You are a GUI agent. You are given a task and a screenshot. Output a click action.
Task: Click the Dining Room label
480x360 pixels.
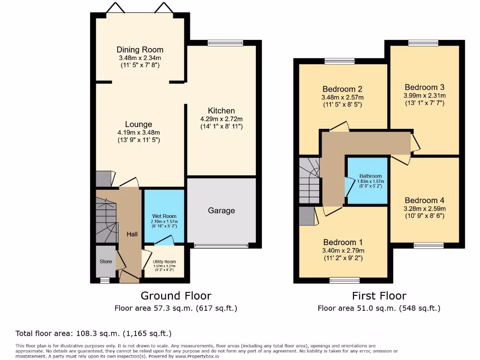tap(140, 50)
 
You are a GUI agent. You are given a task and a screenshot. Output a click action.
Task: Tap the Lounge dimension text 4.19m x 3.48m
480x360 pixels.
tap(139, 133)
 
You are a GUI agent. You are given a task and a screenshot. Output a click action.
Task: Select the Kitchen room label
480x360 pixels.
tap(221, 111)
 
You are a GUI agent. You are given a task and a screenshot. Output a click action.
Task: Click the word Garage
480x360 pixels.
tap(221, 210)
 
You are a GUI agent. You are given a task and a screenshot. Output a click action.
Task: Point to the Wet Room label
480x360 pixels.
tap(164, 216)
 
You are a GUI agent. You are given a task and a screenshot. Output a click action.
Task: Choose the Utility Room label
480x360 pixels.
tap(165, 262)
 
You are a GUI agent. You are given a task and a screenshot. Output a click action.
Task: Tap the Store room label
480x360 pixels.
tap(106, 262)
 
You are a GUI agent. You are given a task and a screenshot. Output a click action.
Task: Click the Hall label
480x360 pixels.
tap(132, 234)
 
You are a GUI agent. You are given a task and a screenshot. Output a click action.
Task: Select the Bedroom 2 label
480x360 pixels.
tap(342, 89)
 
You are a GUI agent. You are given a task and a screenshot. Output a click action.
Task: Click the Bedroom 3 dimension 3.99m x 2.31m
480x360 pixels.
tap(425, 96)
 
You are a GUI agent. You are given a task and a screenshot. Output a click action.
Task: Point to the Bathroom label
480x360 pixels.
tap(370, 176)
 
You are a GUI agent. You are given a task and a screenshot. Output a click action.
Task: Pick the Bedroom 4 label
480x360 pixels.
tap(425, 201)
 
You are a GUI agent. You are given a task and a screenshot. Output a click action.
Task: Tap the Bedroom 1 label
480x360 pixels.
tap(343, 242)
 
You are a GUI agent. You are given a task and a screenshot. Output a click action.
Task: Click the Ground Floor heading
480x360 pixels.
tap(176, 296)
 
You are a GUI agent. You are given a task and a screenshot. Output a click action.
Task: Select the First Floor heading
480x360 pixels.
tap(379, 296)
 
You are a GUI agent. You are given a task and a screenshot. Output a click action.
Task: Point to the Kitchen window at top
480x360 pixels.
tap(225, 43)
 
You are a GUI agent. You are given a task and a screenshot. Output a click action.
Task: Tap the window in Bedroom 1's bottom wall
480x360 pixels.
tap(345, 280)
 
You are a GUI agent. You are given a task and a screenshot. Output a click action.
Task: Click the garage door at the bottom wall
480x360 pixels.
tap(221, 246)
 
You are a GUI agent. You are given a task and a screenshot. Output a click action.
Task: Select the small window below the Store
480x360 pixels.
tap(105, 280)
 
